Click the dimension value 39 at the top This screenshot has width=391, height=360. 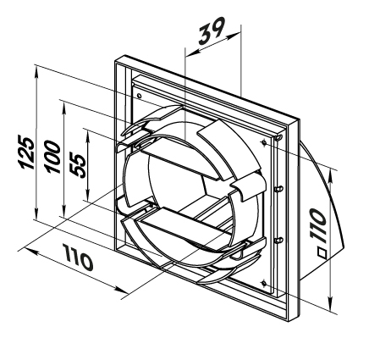coord(212,30)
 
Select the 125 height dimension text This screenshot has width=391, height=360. coord(27,152)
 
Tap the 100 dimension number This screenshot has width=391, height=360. coord(53,156)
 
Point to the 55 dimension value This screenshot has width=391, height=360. coord(78,165)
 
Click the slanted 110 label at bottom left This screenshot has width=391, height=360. coord(78,258)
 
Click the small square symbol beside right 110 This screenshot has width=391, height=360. coord(322,253)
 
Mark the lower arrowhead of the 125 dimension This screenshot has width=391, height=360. coord(36,213)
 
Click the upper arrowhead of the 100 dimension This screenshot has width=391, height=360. coord(64,108)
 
